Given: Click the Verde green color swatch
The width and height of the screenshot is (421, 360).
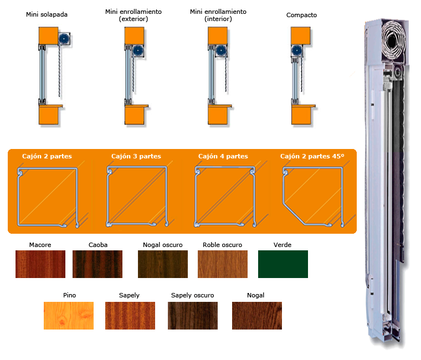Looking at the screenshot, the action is point(283,264).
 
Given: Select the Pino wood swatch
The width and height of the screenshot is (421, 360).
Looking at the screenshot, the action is point(69,316).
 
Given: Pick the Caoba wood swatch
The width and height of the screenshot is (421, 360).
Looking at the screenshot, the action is point(97,264).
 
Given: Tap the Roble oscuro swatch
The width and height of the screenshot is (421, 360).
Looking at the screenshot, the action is point(223,264).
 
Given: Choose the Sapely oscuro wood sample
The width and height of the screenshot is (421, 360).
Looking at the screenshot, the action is point(193,316).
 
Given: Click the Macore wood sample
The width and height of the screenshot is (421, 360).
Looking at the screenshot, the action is point(40,264).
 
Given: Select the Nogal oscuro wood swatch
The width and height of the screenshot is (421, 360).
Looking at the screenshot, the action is point(163,264).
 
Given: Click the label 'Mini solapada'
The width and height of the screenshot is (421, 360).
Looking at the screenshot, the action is point(47,14).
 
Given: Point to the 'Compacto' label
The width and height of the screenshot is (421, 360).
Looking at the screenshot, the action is point(301,15).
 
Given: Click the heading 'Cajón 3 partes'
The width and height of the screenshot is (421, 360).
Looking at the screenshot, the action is point(136,156).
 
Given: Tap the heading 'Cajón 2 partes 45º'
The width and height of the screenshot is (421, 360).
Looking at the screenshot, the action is point(312,156).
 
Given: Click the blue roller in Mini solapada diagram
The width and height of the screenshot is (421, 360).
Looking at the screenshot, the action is point(64,39).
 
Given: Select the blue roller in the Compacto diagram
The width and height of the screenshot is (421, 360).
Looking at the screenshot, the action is point(297,50).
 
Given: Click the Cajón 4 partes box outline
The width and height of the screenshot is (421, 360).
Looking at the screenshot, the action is point(196,196).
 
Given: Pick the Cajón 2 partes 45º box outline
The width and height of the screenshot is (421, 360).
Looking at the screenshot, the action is point(283,188).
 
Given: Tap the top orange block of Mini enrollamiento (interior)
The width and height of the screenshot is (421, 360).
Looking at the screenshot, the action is point(218,35).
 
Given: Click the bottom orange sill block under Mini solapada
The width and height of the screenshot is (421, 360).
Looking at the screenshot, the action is point(49,114).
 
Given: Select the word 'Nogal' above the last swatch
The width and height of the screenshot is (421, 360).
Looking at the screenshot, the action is point(255,295).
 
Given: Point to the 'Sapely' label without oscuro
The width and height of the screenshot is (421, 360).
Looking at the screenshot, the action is point(129,295).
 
